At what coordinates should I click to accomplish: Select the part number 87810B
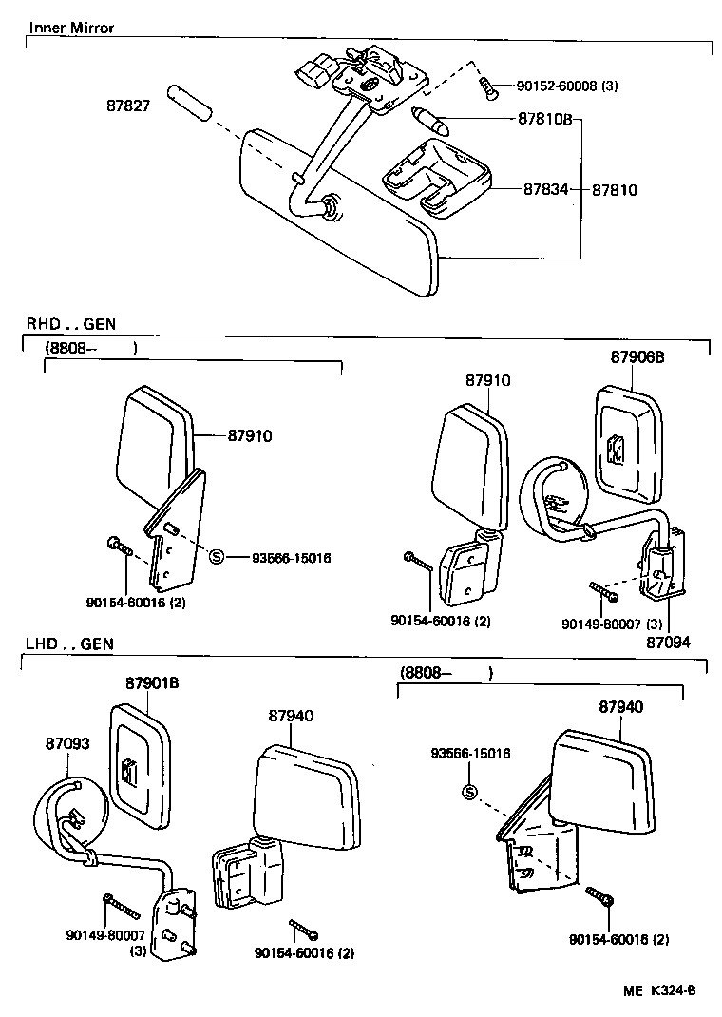544,121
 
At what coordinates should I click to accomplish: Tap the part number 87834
545,189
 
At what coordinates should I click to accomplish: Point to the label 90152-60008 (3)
567,86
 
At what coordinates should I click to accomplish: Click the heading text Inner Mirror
71,28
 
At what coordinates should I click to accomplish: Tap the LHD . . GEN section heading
69,643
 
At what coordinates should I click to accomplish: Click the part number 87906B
637,357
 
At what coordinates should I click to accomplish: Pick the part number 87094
669,642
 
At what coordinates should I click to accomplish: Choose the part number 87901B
153,683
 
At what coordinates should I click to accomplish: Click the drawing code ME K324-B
659,990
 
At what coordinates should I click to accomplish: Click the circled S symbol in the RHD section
216,557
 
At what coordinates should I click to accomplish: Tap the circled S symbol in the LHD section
469,794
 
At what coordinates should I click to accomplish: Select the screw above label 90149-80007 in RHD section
602,593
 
